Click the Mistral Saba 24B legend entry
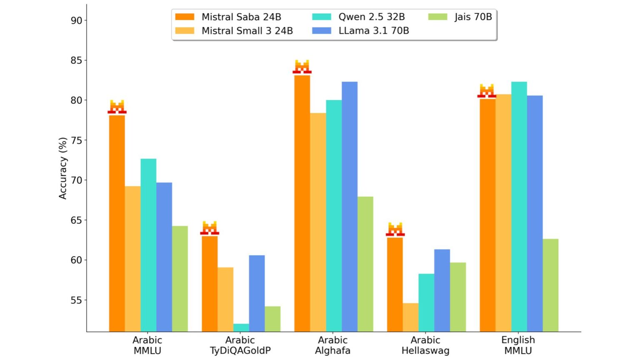(x=228, y=17)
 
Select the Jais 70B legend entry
(x=460, y=17)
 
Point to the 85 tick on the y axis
(x=76, y=60)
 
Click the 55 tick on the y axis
(x=76, y=300)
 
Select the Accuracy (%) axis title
(x=63, y=168)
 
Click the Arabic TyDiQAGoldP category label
(x=240, y=345)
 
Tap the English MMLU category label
(x=518, y=345)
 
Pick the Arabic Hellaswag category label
(x=425, y=345)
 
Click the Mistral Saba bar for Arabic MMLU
(x=117, y=223)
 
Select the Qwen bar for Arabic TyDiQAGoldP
(x=241, y=327)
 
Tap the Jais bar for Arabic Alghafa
(x=365, y=264)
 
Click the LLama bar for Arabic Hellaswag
(x=442, y=290)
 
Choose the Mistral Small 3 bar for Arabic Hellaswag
(x=410, y=317)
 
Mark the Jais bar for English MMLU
(x=550, y=285)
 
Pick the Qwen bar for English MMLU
(x=519, y=206)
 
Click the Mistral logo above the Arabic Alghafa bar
(x=302, y=67)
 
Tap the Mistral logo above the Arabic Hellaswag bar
(x=395, y=230)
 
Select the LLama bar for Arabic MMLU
(x=164, y=257)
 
